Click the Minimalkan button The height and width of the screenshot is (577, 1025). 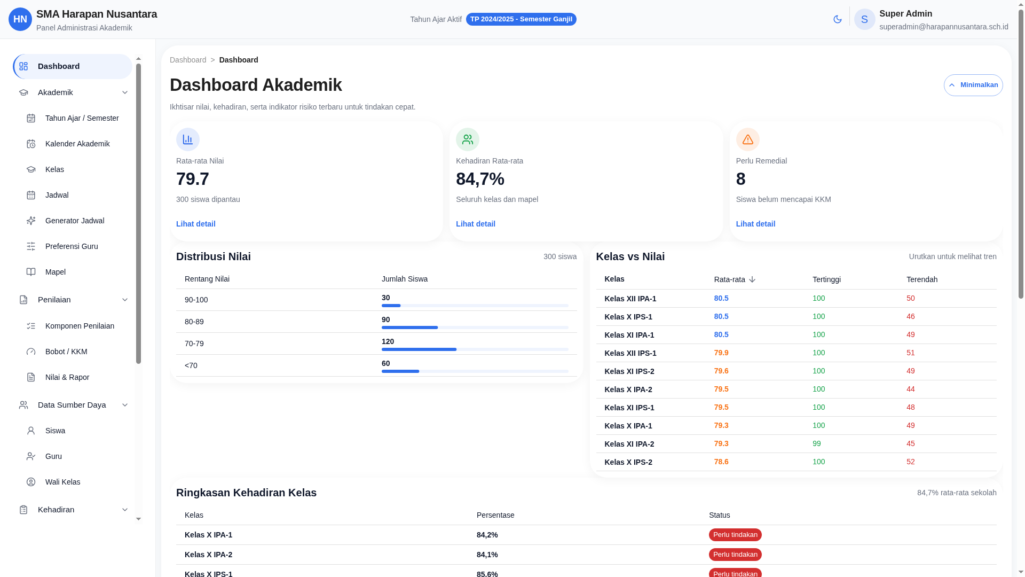point(973,85)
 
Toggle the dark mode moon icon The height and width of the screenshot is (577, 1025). point(837,19)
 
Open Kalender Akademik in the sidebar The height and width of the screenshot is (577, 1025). point(77,144)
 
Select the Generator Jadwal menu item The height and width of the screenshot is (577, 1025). point(74,221)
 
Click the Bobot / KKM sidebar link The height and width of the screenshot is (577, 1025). point(66,352)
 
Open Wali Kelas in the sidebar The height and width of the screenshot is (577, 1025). point(62,482)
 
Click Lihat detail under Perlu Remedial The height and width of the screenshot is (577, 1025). point(755,224)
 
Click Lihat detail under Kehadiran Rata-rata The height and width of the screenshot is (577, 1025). point(475,224)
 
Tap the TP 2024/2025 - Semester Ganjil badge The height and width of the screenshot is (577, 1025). point(521,19)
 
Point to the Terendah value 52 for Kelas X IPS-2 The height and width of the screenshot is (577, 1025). point(910,462)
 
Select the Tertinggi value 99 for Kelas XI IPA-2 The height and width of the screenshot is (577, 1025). point(816,443)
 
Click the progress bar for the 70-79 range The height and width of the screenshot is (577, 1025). point(475,349)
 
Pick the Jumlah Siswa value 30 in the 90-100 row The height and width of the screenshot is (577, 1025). point(385,298)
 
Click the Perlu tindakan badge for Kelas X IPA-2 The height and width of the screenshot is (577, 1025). point(735,555)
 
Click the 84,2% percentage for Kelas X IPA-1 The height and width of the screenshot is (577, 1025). point(487,535)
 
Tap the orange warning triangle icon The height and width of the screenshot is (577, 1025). point(747,139)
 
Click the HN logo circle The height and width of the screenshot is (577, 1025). point(20,19)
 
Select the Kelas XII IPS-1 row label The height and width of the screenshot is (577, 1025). point(630,353)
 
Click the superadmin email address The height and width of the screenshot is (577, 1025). point(943,27)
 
